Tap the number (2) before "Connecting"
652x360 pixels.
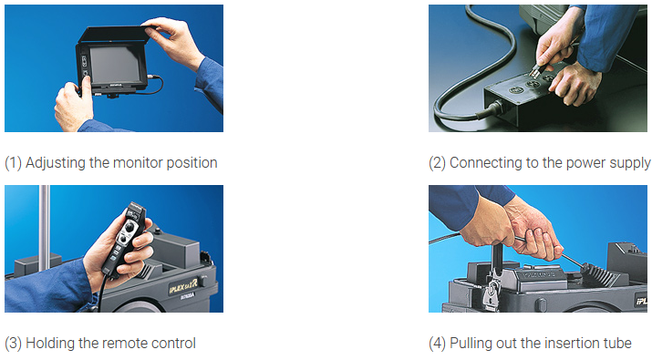tap(437, 163)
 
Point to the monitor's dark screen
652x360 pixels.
tap(116, 64)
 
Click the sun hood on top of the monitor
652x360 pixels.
tap(112, 34)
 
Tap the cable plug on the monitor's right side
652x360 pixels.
tap(153, 77)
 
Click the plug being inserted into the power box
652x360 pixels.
tap(535, 71)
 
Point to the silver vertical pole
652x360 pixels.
tap(44, 225)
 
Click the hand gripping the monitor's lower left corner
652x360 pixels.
tap(73, 106)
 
